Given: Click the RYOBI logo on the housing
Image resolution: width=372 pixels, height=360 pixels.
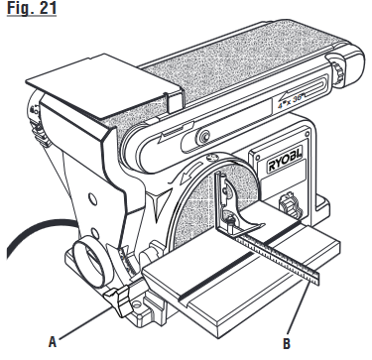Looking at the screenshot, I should coord(290,163).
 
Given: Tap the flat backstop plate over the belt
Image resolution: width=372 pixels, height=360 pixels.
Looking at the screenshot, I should coord(104,85).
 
